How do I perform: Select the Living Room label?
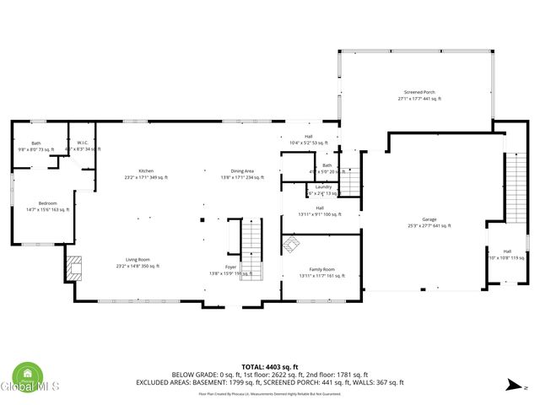138,262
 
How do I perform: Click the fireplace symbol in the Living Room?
73,268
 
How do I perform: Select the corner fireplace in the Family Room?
291,245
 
